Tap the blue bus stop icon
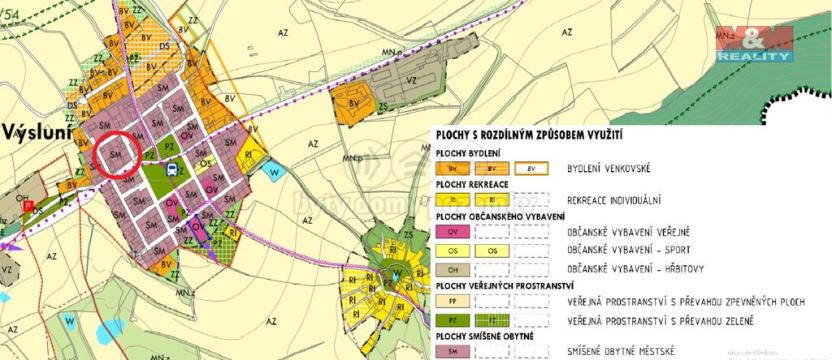172,169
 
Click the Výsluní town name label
39,133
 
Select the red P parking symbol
29,207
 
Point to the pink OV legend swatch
453,232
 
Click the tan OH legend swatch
453,269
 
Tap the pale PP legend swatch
453,301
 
